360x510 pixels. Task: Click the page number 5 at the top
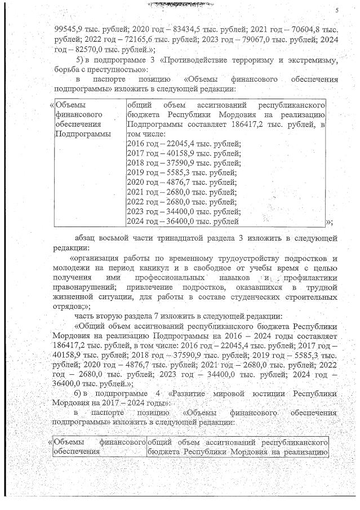click(336, 10)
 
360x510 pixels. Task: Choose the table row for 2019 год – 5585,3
click(182, 173)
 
